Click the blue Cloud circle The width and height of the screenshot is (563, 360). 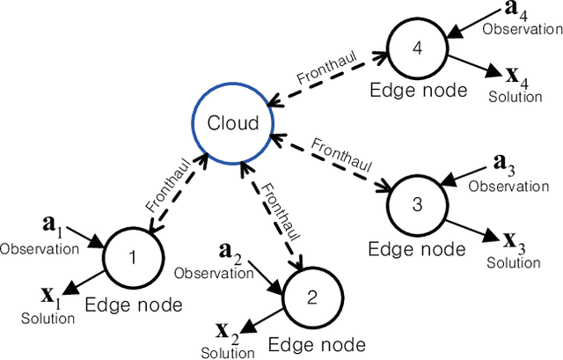click(233, 124)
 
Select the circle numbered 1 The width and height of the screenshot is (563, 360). click(133, 257)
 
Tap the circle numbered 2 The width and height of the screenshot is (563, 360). click(311, 297)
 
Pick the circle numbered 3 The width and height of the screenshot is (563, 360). click(418, 204)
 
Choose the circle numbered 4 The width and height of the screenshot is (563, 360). click(418, 47)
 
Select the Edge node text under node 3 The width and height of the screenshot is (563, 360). click(418, 249)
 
